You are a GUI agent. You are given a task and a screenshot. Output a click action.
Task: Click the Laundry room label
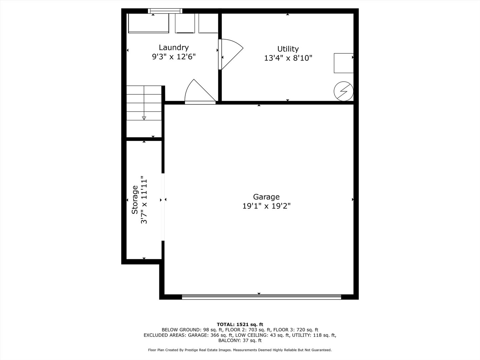click(x=173, y=47)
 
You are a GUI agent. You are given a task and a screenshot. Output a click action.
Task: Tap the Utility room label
click(x=288, y=49)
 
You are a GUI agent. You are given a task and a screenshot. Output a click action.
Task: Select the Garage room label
click(x=266, y=197)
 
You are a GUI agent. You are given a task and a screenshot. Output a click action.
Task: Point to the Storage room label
click(x=135, y=200)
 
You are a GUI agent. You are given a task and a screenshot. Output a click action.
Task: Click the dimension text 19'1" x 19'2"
click(x=266, y=206)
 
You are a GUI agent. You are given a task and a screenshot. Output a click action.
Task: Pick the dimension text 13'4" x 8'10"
click(x=288, y=58)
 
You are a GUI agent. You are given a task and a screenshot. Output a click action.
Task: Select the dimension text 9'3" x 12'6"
click(x=173, y=57)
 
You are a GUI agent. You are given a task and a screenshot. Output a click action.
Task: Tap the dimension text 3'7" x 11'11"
click(x=144, y=200)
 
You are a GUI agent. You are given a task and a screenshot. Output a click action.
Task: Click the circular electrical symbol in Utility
click(x=344, y=91)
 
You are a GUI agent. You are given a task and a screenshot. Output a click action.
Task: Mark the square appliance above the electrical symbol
click(x=343, y=63)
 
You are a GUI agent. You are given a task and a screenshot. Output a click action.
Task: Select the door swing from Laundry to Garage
click(x=199, y=92)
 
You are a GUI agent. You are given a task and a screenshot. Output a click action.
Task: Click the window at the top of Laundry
click(x=165, y=11)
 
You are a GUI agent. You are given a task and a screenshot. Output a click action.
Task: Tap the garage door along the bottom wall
click(x=261, y=296)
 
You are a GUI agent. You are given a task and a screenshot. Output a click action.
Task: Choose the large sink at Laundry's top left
click(x=149, y=23)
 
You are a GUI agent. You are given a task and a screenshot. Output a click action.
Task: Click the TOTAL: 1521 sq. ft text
click(x=240, y=324)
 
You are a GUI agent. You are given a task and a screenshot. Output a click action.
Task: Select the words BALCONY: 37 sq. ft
click(x=240, y=340)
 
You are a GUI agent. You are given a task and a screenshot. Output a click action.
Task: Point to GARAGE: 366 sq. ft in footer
click(x=210, y=335)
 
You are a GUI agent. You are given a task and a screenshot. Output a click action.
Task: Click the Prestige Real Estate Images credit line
click(x=240, y=350)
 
